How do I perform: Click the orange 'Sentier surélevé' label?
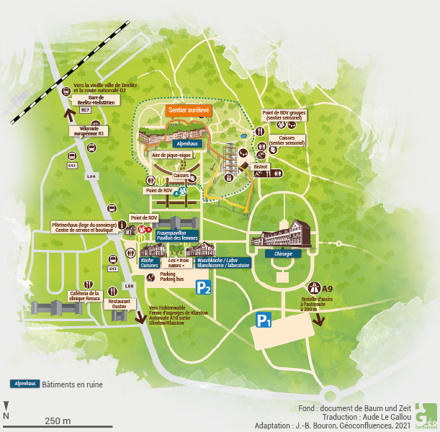(x=189, y=111)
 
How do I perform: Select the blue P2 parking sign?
(x=204, y=288)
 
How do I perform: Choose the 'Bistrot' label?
(x=260, y=166)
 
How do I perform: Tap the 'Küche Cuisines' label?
(x=149, y=263)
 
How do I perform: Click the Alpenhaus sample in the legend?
(x=24, y=384)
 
